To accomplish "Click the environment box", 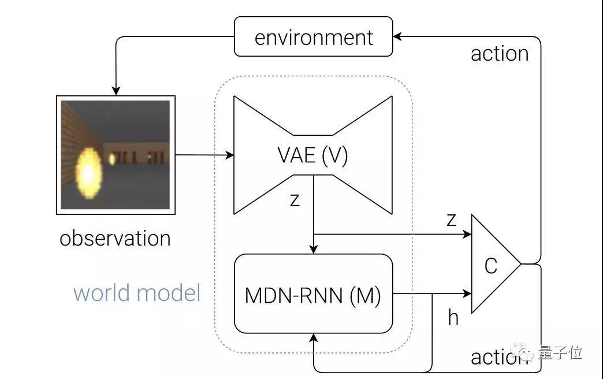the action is click(314, 36).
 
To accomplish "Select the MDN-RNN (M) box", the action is click(314, 293).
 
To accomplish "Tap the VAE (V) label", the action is click(312, 155).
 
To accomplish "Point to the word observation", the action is click(115, 239).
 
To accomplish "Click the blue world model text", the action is click(137, 293).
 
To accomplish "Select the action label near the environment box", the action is click(500, 54).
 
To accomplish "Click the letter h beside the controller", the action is click(453, 317).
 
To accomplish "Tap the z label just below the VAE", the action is click(295, 200).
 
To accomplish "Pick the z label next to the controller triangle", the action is click(452, 220).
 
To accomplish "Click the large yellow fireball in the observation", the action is click(89, 174).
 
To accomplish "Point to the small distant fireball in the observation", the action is click(112, 158).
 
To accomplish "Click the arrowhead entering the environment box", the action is click(397, 36).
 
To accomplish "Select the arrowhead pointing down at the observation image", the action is click(116, 91).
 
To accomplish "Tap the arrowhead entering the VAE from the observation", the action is click(229, 155).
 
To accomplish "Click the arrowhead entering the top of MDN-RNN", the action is click(314, 250).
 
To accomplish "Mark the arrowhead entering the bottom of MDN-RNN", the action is click(314, 338).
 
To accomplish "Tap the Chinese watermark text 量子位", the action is click(560, 352).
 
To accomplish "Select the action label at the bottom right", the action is click(500, 358).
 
